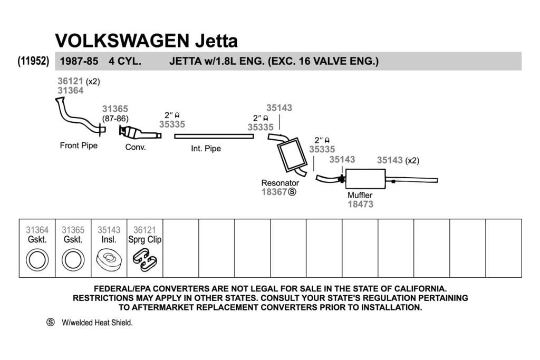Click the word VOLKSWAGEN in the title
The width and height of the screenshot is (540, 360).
tap(122, 41)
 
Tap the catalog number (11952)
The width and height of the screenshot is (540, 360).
tap(33, 61)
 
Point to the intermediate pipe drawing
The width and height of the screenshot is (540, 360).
tap(214, 137)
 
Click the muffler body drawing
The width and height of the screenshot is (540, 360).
tap(365, 179)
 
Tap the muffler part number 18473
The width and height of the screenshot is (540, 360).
tap(360, 204)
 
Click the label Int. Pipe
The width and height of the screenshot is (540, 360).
tap(206, 149)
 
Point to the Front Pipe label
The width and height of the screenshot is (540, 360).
tap(79, 145)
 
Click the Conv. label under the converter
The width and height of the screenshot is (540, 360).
tap(136, 147)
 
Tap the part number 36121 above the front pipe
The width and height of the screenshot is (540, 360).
tap(70, 81)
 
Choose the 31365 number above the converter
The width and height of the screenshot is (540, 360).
tap(115, 109)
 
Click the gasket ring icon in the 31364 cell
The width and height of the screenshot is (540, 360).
tap(37, 260)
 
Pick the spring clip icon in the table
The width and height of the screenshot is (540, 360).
tap(144, 260)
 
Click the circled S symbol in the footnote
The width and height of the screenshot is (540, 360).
tap(51, 322)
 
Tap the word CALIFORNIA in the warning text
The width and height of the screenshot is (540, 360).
tap(420, 288)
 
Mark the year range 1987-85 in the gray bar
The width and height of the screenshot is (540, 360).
tap(79, 61)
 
